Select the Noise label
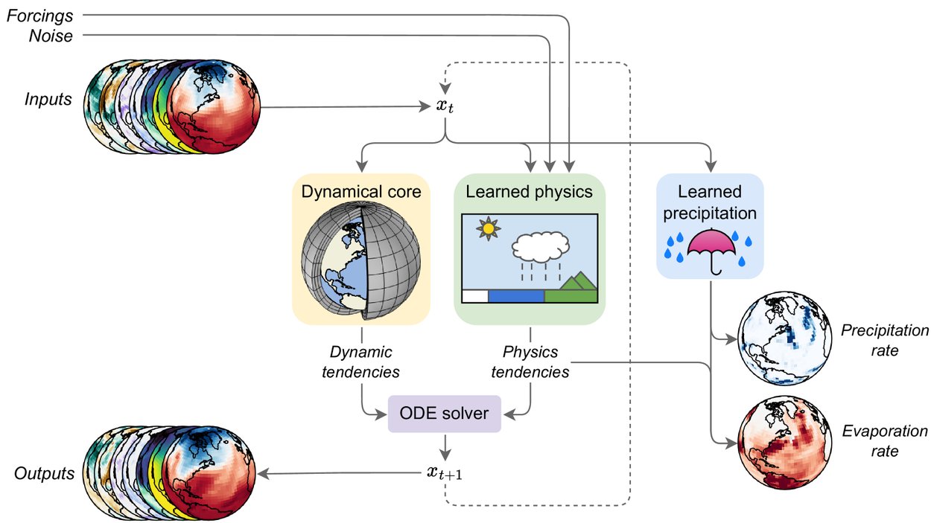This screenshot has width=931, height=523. pyautogui.click(x=51, y=36)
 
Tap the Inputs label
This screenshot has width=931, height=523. pyautogui.click(x=48, y=99)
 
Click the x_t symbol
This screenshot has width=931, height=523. pyautogui.click(x=445, y=106)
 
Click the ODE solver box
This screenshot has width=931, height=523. pyautogui.click(x=445, y=414)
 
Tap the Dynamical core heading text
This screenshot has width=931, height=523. pyautogui.click(x=360, y=192)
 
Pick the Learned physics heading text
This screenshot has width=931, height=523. pyautogui.click(x=529, y=192)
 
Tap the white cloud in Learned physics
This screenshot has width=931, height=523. pyautogui.click(x=540, y=243)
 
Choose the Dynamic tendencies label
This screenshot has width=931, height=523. pyautogui.click(x=360, y=361)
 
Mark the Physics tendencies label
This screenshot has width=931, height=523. pyautogui.click(x=530, y=361)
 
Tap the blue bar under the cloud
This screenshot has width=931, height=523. pyautogui.click(x=515, y=296)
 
